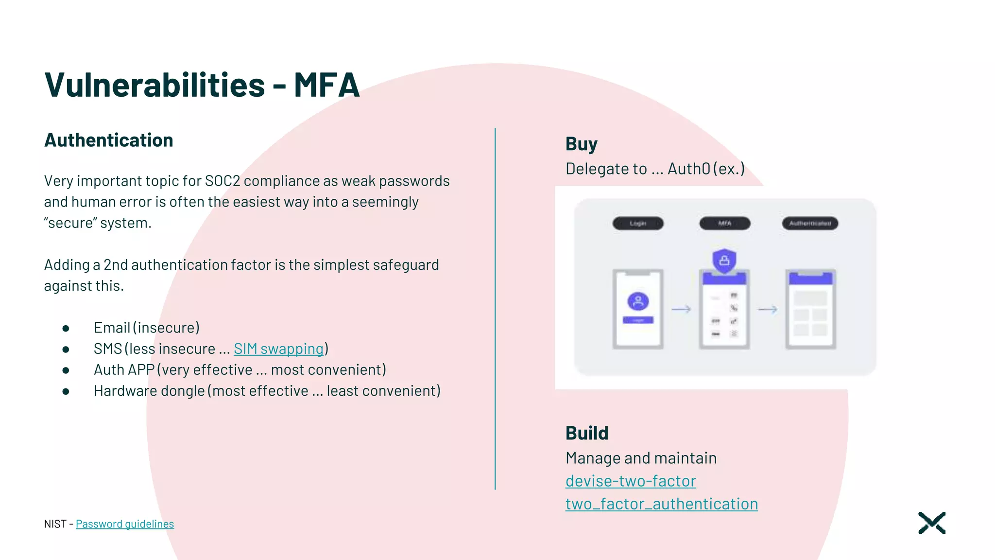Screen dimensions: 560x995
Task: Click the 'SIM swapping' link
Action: pyautogui.click(x=278, y=349)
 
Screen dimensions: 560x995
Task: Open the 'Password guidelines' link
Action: pyautogui.click(x=125, y=524)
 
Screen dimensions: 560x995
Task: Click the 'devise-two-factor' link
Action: pyautogui.click(x=631, y=481)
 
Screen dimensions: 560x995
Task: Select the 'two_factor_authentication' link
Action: pyautogui.click(x=661, y=504)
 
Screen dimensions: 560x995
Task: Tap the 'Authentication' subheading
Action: pyautogui.click(x=109, y=140)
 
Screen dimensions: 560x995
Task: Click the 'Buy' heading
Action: pyautogui.click(x=581, y=144)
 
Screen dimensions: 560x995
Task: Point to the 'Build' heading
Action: pyautogui.click(x=587, y=433)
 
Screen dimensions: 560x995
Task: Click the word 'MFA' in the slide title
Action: pyautogui.click(x=326, y=86)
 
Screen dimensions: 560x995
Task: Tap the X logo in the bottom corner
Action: pyautogui.click(x=932, y=523)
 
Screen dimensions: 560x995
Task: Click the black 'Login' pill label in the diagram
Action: pyautogui.click(x=638, y=224)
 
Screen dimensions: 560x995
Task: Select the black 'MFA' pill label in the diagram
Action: pyautogui.click(x=724, y=224)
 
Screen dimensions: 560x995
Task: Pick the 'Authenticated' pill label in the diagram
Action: pyautogui.click(x=810, y=224)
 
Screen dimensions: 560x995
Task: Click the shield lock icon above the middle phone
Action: pyautogui.click(x=724, y=261)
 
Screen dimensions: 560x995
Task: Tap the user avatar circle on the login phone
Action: pyautogui.click(x=638, y=301)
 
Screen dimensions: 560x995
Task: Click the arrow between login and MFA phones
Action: pyautogui.click(x=681, y=309)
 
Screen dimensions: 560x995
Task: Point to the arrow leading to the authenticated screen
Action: pyautogui.click(x=768, y=309)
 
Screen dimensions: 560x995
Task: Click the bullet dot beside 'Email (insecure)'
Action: pyautogui.click(x=66, y=329)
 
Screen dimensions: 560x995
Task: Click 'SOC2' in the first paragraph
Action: pyautogui.click(x=223, y=181)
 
